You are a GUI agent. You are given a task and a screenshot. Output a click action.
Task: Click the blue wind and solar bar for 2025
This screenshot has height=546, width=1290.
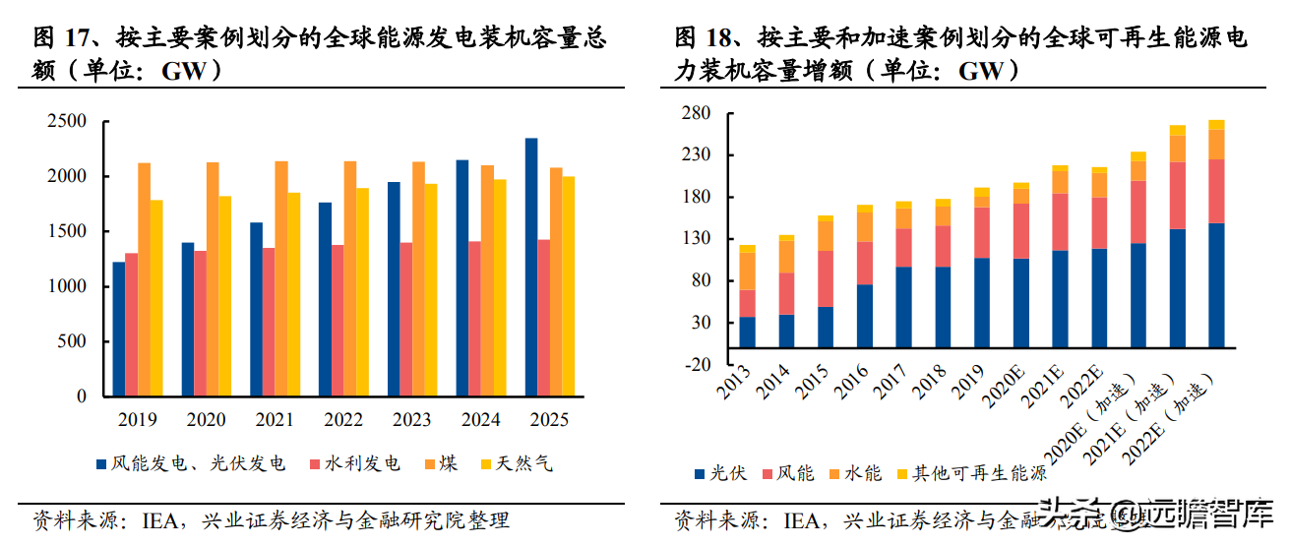pos(531,267)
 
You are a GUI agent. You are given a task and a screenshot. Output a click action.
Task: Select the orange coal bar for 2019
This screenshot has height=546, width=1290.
pos(145,279)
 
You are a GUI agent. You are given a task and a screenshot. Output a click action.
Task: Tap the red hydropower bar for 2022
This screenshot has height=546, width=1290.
pos(338,320)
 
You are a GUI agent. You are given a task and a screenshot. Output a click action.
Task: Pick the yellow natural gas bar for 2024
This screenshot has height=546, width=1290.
pos(500,287)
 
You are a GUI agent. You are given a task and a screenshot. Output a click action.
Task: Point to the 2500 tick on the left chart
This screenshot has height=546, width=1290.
pos(68,121)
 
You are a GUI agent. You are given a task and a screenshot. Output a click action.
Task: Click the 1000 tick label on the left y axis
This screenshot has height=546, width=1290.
pos(68,286)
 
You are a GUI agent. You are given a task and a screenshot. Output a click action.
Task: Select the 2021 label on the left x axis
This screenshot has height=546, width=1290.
pos(275,420)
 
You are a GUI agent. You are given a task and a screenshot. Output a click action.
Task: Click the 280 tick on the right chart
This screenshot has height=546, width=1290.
pos(696,114)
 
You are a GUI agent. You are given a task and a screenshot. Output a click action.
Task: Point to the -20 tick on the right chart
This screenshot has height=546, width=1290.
pos(695,364)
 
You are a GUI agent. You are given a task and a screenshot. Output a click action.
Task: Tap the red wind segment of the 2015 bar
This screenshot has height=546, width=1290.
pos(826,278)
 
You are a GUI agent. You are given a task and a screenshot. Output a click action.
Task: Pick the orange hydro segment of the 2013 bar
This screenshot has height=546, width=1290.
pos(748,272)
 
